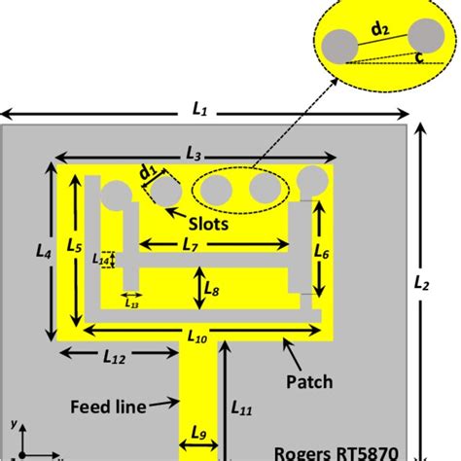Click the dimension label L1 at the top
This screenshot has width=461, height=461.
(200, 110)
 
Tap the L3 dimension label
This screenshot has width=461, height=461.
(193, 155)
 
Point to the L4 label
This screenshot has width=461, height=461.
(42, 250)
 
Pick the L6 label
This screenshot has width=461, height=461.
(324, 253)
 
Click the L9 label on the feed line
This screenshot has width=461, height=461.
(199, 433)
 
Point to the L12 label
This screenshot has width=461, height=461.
(114, 359)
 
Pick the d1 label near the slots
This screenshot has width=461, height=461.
(149, 172)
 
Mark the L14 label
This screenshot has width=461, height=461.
(101, 259)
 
